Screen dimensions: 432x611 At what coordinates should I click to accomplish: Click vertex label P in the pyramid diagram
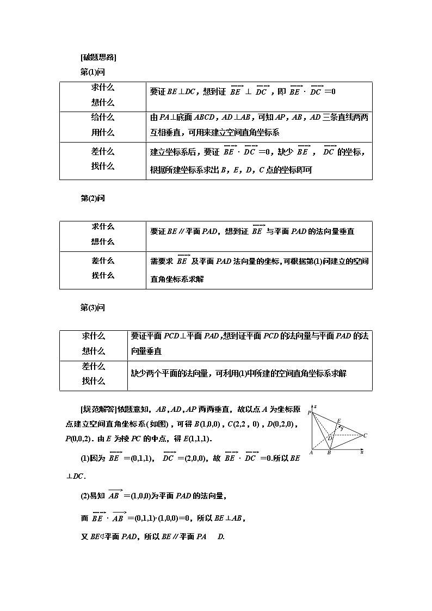click(309, 413)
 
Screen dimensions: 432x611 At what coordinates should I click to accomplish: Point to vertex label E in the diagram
click(338, 421)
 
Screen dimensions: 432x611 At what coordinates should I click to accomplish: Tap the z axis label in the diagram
click(316, 406)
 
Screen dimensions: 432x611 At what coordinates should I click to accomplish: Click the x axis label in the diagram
click(362, 452)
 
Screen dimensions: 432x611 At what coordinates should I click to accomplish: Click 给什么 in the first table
click(103, 117)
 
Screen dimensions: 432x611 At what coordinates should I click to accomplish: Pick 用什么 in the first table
click(103, 132)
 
